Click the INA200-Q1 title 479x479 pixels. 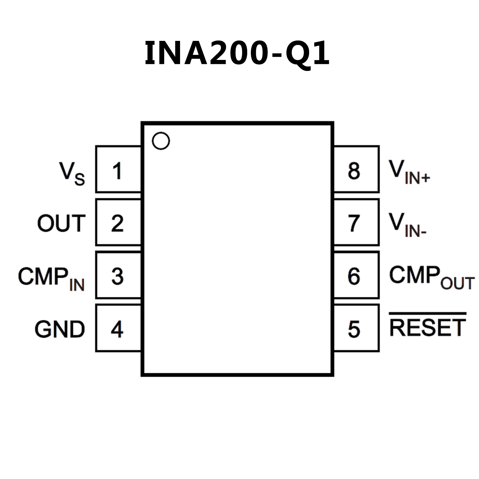pos(237,53)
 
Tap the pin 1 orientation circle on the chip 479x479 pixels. pos(161,141)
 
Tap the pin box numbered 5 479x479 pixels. pos(356,328)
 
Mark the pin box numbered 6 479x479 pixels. pos(356,275)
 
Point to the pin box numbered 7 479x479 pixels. pos(356,222)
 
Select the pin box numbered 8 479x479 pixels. pos(356,169)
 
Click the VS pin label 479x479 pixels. pos(72,174)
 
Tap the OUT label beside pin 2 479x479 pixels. pos(61,223)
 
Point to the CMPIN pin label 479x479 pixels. pos(51,278)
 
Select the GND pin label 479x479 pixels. pos(60,329)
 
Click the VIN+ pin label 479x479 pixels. pos(409,172)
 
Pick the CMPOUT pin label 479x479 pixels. pos(432,277)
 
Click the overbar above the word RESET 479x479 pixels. pos(428,313)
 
